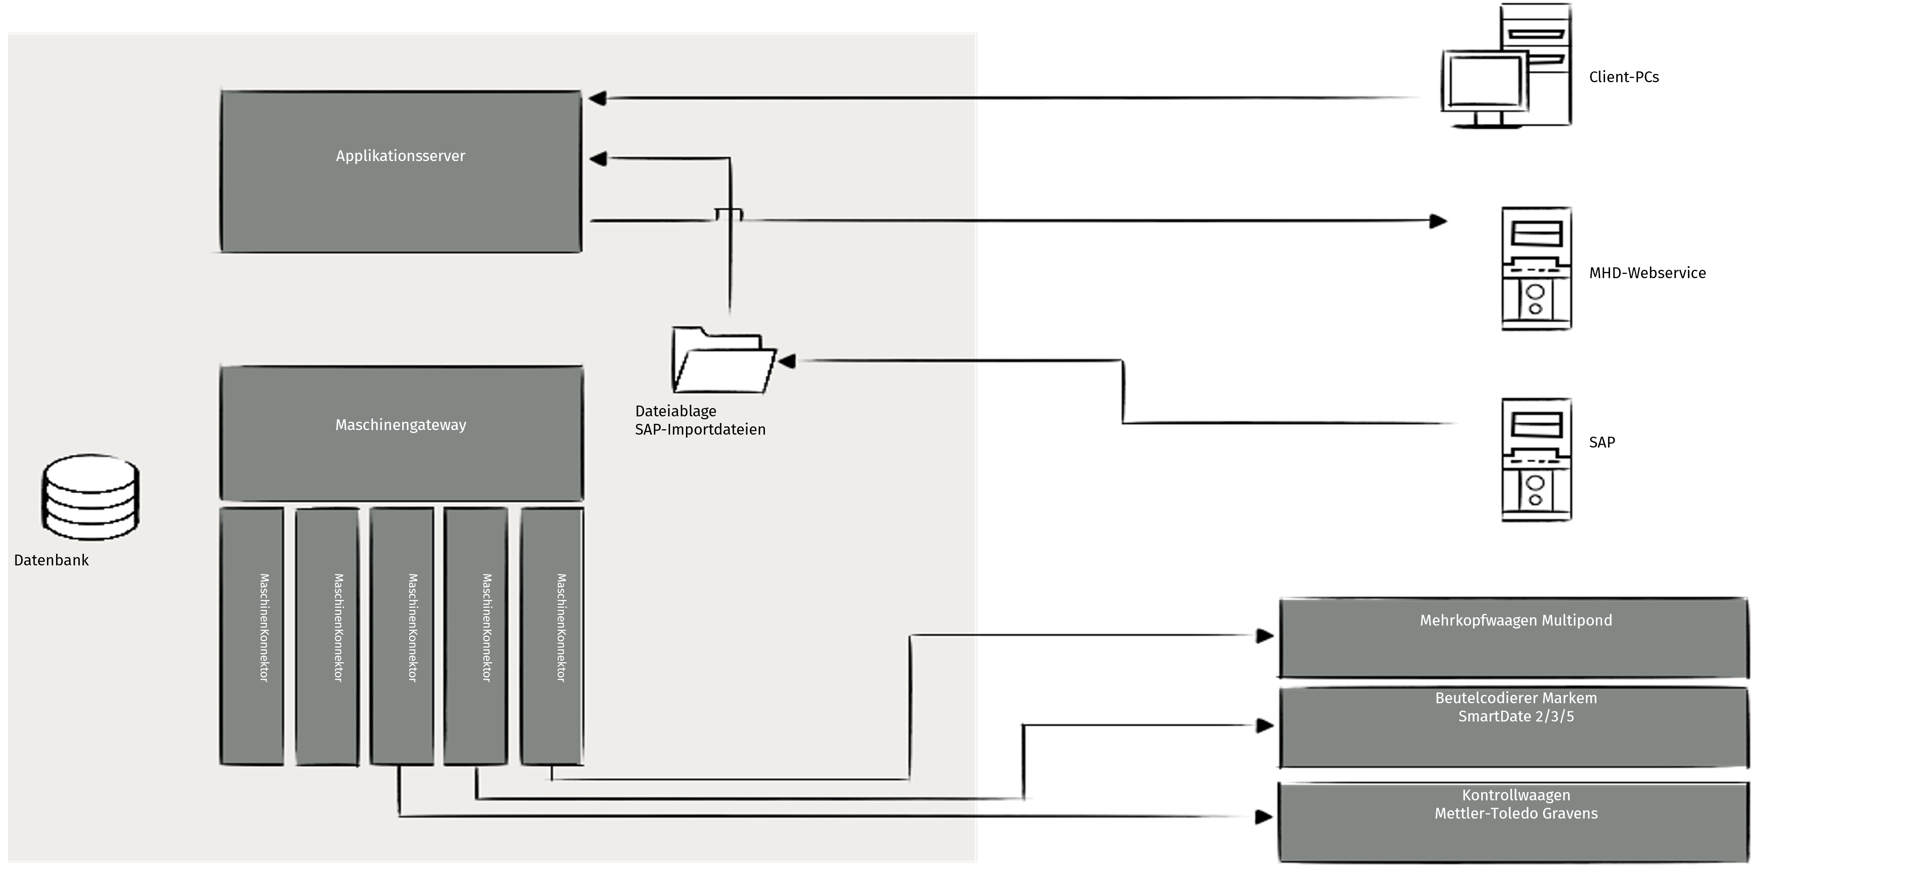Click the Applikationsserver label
click(400, 156)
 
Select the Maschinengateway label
click(400, 425)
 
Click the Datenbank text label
click(52, 560)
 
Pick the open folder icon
click(723, 360)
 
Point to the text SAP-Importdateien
click(700, 430)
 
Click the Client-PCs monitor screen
click(1483, 81)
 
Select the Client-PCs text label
click(1623, 77)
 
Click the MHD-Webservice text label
click(1647, 273)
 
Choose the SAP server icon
click(1536, 460)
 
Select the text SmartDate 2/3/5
click(1516, 716)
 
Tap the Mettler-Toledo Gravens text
click(1516, 813)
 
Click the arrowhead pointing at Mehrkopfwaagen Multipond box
click(1265, 636)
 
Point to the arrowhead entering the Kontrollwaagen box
click(1264, 817)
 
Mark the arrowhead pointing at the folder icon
click(787, 361)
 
